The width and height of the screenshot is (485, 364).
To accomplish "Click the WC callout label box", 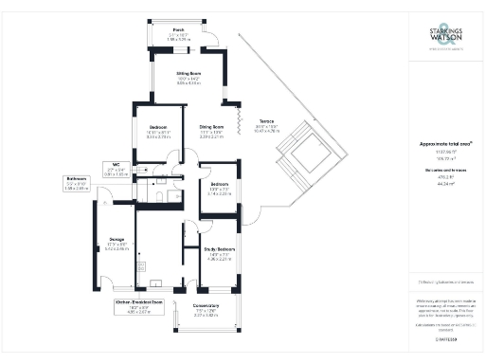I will click(x=115, y=170).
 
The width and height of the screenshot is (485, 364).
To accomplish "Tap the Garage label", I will click(x=117, y=244).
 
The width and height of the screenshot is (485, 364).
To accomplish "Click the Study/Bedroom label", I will click(x=218, y=253).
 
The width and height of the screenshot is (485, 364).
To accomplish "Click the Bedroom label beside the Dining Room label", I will click(x=159, y=130).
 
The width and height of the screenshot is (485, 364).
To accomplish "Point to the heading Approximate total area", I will click(x=446, y=143).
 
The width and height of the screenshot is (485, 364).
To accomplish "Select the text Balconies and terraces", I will click(x=445, y=172).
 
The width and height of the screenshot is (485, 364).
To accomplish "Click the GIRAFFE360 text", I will click(x=445, y=338).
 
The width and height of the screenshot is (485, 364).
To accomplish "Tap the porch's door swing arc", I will click(x=212, y=41).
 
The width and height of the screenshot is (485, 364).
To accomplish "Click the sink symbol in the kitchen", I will click(x=154, y=282).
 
